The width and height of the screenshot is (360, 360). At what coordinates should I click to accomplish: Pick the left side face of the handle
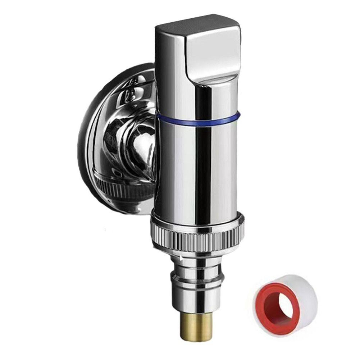pyautogui.click(x=169, y=58)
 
